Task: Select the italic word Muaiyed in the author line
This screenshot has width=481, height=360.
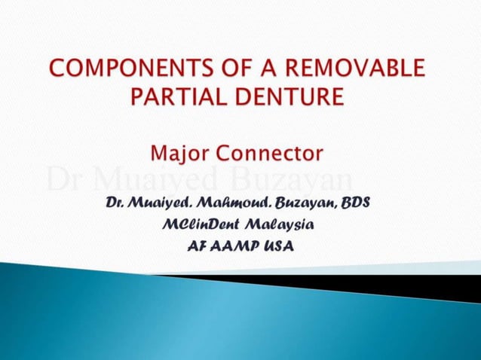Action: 158,204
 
